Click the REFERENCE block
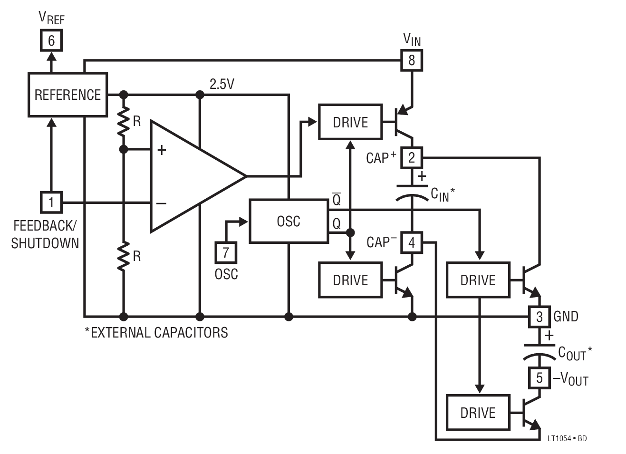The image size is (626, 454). click(67, 95)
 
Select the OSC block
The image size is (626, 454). click(289, 221)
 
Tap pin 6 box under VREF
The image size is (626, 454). click(51, 41)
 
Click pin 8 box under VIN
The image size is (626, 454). click(412, 60)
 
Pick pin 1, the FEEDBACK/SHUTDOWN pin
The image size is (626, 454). click(51, 203)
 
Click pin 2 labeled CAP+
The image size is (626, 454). click(412, 157)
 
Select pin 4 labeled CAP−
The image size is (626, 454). click(412, 242)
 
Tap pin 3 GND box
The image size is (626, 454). click(539, 317)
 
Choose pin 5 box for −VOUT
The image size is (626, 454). click(539, 378)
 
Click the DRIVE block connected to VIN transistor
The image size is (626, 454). click(350, 122)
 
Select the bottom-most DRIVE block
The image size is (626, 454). click(478, 413)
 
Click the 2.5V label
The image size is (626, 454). click(222, 84)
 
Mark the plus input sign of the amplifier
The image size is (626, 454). click(162, 150)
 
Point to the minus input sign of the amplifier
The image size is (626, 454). click(162, 203)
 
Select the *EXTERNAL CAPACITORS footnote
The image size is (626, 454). click(156, 332)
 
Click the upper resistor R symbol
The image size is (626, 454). click(124, 122)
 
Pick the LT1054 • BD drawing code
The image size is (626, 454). click(567, 438)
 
